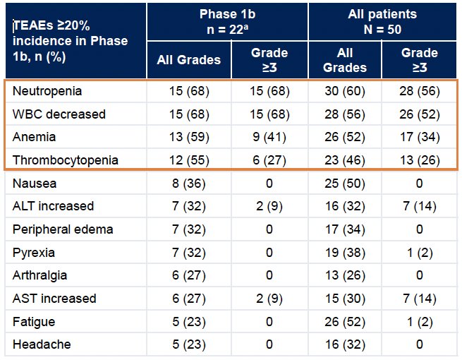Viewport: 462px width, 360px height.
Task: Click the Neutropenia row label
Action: (x=47, y=91)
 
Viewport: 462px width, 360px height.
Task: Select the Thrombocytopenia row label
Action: (x=66, y=160)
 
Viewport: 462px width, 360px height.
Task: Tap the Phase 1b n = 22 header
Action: (x=227, y=21)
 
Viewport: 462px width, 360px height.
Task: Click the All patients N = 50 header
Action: (x=382, y=21)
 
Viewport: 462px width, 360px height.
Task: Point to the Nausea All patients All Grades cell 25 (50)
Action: (x=345, y=184)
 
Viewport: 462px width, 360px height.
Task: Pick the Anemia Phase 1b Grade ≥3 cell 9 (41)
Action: (x=269, y=137)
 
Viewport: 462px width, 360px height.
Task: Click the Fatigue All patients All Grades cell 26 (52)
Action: (x=345, y=322)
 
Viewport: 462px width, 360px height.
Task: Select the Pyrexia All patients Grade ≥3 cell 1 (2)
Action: (x=420, y=253)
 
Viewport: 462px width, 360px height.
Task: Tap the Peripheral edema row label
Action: (x=63, y=229)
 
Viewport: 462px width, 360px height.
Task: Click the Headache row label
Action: (x=42, y=344)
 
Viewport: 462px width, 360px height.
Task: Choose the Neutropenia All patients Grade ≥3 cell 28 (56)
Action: (x=420, y=91)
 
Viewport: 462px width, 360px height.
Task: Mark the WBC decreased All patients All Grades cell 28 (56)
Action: (x=345, y=114)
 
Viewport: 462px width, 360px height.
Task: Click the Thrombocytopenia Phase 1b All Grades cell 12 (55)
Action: (x=189, y=160)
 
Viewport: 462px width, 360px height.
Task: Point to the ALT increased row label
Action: (x=54, y=206)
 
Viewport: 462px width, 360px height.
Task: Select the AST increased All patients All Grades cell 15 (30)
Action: (x=345, y=299)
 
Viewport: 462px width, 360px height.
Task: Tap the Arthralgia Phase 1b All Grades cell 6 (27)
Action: (x=189, y=275)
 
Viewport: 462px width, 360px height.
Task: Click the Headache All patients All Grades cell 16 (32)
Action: (x=345, y=344)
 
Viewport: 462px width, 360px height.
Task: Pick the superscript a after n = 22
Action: (x=245, y=27)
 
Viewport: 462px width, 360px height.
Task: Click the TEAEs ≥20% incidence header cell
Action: (x=70, y=41)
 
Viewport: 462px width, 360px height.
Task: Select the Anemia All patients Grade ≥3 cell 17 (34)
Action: (x=420, y=137)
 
